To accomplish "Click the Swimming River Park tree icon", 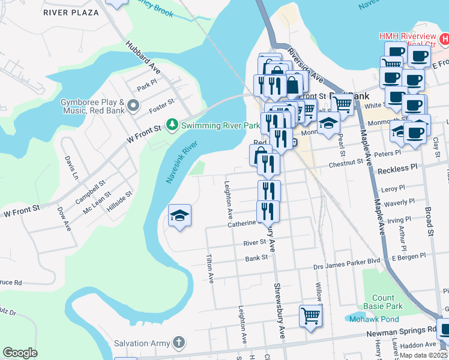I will coord(172,125).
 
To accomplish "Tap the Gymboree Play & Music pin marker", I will coord(134,107).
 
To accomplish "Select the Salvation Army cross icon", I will coord(178,343).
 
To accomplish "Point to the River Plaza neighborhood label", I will coord(71,12).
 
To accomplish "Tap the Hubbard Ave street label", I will coord(142,56).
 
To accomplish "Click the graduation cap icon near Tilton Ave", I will coord(179,216).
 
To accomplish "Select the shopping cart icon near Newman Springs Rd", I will coord(310,315).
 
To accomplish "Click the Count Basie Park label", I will coord(383,302).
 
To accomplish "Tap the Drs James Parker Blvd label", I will coord(347,260).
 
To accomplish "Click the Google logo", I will coord(20,352).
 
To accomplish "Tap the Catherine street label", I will coord(241,224).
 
